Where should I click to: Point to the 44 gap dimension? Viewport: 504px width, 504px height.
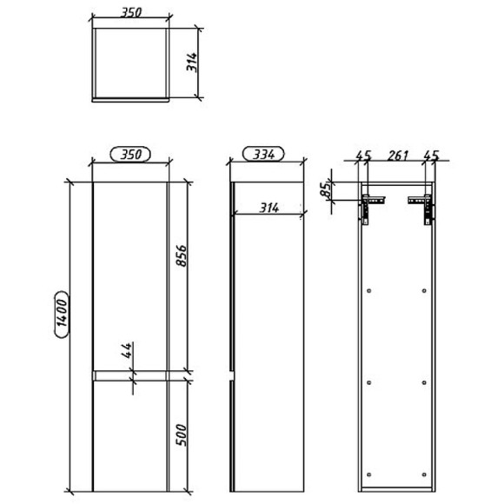point(126,351)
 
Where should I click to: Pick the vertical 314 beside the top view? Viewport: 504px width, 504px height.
point(193,62)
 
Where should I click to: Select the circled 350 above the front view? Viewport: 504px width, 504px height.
point(130,155)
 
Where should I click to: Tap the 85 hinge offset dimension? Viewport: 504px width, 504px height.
point(326,189)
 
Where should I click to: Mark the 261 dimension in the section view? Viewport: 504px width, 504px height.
point(397,156)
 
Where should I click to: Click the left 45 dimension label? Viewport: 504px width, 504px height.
point(363,156)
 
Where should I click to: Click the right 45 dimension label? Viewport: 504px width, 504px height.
point(430,156)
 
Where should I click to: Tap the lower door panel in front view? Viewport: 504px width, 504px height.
point(130,434)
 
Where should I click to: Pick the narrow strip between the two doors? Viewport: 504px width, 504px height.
point(130,375)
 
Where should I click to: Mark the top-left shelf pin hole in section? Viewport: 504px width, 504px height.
point(371,289)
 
